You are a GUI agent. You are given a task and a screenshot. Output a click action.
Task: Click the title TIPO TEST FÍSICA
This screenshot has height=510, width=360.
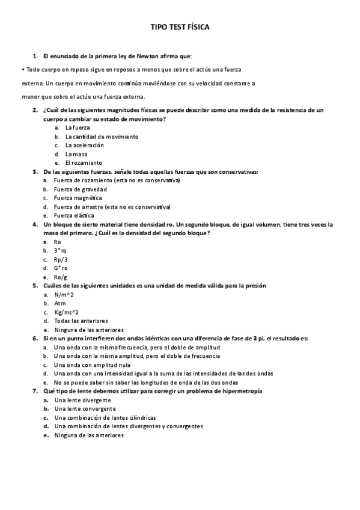[x=180, y=27]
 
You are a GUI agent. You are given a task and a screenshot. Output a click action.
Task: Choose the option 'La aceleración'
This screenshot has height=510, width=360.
[x=84, y=145]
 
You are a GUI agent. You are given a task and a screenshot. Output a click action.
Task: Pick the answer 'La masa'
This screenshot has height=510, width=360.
[x=76, y=154]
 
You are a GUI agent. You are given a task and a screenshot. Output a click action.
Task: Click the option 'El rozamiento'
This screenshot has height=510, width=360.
[x=84, y=162]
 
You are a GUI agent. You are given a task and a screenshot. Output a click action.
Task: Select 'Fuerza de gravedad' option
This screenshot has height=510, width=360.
[x=81, y=189]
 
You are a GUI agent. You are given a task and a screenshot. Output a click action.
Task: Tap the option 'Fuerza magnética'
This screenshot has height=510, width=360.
[x=78, y=198]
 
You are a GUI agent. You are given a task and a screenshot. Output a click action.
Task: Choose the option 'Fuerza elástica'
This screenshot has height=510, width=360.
[x=74, y=215]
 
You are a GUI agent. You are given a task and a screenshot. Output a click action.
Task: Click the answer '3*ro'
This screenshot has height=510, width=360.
[x=61, y=250]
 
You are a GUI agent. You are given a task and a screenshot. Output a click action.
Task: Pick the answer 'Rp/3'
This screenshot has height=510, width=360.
[x=61, y=259]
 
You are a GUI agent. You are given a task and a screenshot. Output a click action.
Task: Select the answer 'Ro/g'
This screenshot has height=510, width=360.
[x=61, y=277]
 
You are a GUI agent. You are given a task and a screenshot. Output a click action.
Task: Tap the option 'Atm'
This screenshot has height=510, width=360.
[x=60, y=303]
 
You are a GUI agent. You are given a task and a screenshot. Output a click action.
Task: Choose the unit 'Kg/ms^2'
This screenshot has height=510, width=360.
[x=66, y=312]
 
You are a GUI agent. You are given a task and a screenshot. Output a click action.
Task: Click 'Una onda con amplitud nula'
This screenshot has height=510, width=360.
[x=91, y=364]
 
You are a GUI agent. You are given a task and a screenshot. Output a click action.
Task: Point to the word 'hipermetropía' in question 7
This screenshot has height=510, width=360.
[x=242, y=391]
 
